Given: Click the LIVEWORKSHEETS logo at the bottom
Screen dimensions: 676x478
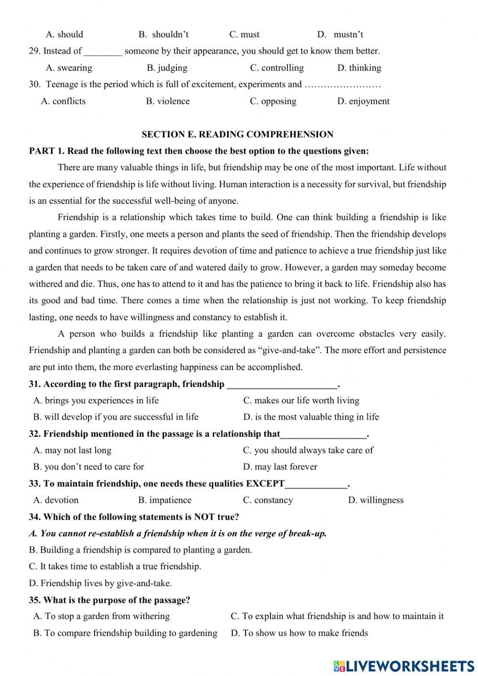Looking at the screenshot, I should (404, 665).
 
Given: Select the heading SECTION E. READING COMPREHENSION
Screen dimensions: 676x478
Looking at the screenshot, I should (238, 134).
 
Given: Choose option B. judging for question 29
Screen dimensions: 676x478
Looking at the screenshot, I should (167, 68).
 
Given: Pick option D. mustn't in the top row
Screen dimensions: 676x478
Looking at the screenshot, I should (340, 34).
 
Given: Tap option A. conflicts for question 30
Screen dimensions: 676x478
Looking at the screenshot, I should (64, 101).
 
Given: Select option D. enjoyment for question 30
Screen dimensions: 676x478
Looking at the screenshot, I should (363, 101).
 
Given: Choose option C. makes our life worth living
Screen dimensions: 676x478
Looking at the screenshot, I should (301, 400).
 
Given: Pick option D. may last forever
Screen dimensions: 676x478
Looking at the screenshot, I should (280, 466).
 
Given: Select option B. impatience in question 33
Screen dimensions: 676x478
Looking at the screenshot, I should (165, 500).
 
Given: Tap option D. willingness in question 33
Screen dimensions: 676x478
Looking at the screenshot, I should (376, 500).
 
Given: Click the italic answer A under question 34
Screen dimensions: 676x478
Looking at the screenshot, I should (178, 533).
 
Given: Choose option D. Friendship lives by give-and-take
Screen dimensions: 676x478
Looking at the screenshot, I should (100, 583).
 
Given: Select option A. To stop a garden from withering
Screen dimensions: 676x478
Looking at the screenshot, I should (101, 616).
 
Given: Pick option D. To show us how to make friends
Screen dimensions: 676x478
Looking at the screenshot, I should (299, 633).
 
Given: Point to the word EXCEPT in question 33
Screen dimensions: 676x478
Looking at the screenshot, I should (265, 484).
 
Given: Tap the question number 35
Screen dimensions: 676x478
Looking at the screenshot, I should (34, 600).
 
